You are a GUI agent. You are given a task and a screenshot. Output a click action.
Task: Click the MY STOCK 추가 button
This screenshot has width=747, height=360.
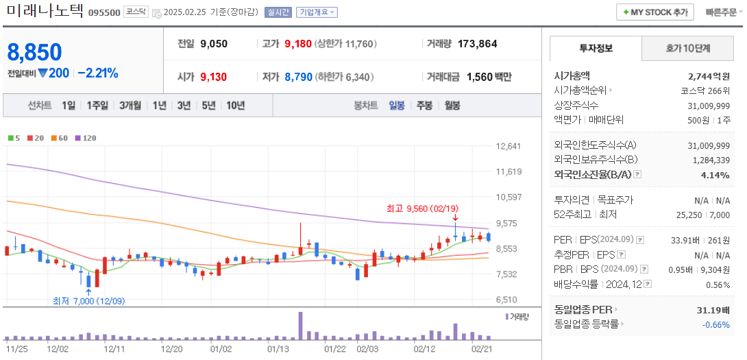(x=654, y=12)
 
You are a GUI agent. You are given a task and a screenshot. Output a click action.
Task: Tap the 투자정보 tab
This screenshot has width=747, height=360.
(x=596, y=49)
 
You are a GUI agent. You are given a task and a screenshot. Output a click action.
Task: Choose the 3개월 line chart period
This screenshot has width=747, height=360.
(x=130, y=106)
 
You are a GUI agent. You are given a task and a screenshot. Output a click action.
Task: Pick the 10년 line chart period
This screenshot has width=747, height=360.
(x=235, y=106)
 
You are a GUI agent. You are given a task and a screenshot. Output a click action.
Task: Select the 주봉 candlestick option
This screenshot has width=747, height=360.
(x=424, y=106)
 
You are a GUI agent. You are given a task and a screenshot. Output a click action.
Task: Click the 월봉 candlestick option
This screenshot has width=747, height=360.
(x=452, y=106)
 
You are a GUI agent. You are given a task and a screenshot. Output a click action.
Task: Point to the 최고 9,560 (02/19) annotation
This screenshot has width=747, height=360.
(x=422, y=208)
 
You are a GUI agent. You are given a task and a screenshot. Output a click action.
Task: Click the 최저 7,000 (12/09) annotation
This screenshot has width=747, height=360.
(x=89, y=300)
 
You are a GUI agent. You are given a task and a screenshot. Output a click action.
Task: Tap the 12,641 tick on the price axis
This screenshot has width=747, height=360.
(x=508, y=146)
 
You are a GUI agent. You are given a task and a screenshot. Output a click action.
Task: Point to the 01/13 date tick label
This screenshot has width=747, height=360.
(x=278, y=349)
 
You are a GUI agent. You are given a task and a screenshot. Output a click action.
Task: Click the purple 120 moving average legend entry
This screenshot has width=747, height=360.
(x=86, y=138)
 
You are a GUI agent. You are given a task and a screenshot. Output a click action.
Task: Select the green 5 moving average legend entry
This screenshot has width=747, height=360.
(x=14, y=138)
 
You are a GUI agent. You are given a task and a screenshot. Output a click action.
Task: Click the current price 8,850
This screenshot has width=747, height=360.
(x=34, y=52)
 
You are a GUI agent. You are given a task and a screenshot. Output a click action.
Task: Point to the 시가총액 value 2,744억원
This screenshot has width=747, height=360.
(x=709, y=77)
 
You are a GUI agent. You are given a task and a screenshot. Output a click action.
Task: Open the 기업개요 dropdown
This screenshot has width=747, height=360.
(x=317, y=12)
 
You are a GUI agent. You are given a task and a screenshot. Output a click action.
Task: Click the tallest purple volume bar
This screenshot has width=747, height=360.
(x=300, y=326)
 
